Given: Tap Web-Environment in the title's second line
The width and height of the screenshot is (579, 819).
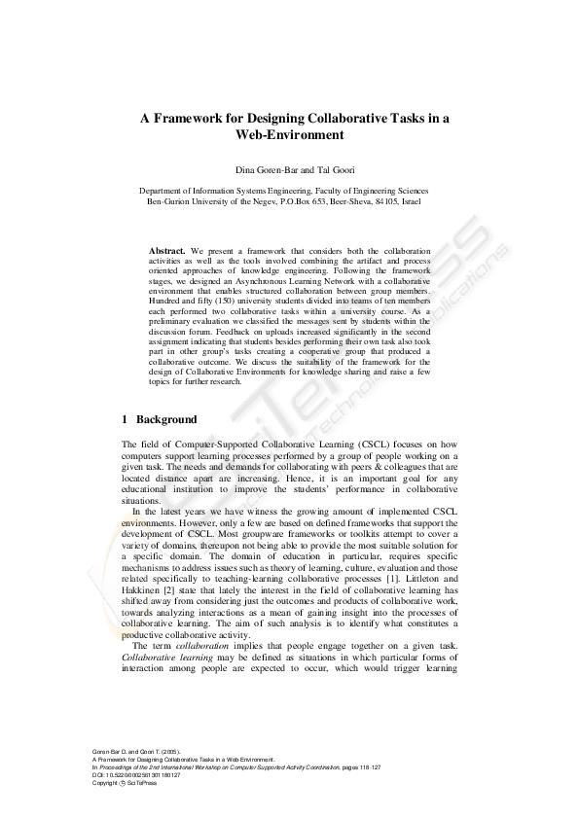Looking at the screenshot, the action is (289, 135).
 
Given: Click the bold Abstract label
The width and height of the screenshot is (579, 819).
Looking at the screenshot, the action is (167, 250).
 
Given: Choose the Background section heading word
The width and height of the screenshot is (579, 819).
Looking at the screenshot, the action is (166, 420).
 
